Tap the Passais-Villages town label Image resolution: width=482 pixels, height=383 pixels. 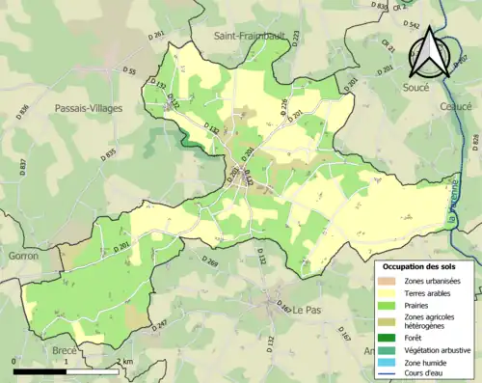coord(89,108)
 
